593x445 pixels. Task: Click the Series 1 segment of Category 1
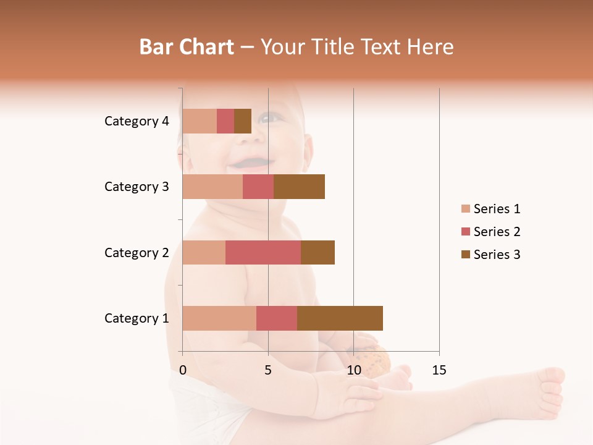219,318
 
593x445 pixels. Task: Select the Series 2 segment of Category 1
277,318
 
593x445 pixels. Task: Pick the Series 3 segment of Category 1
340,318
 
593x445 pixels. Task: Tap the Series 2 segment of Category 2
263,252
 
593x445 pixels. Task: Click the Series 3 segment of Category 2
318,252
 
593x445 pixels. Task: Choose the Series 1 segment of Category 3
212,187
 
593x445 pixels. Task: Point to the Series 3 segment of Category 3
299,187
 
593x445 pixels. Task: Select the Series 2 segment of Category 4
225,121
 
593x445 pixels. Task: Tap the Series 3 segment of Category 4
243,121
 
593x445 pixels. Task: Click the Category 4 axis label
137,121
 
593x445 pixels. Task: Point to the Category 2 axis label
137,252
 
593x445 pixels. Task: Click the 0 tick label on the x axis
183,370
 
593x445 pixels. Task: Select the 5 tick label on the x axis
268,370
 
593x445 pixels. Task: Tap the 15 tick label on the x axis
439,370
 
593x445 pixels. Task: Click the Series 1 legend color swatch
465,209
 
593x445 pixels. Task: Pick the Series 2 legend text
497,232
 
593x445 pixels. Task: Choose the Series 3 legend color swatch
465,255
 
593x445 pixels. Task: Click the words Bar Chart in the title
187,47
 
